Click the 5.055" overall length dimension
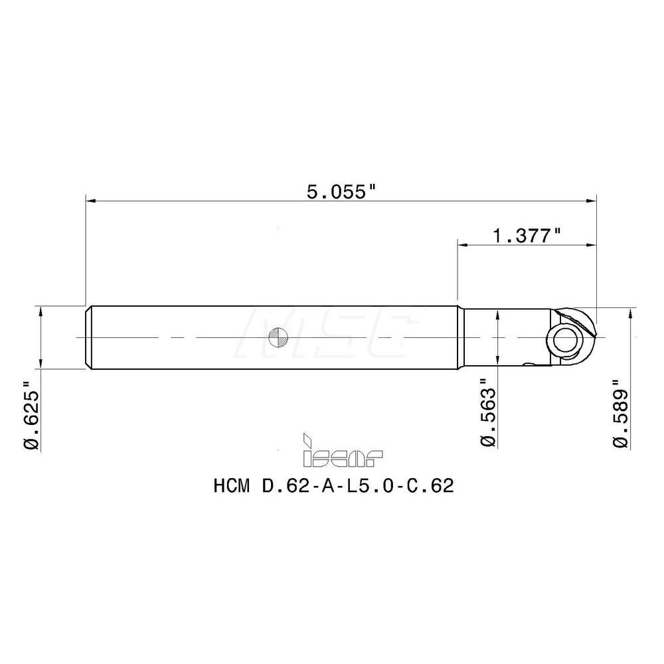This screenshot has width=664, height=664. tap(341, 192)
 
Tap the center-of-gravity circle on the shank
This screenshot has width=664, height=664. tap(278, 338)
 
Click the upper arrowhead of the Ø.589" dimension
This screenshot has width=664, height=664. tap(628, 314)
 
